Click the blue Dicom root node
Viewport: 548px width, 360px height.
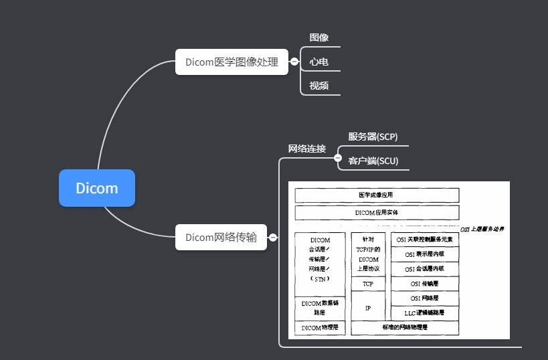[x=97, y=188]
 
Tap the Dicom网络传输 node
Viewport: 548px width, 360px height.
[x=221, y=237]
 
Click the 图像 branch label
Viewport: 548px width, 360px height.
[x=319, y=38]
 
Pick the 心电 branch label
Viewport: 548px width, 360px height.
[x=319, y=62]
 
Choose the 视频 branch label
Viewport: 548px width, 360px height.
[x=319, y=86]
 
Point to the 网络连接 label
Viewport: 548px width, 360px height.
[x=306, y=149]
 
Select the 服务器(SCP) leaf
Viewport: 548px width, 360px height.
[x=373, y=137]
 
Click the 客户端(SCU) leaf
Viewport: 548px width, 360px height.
[x=373, y=161]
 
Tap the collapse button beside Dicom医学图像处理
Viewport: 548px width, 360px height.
[x=294, y=62]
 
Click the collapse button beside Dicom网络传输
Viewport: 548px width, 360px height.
[x=273, y=237]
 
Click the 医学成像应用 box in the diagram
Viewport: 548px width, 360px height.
[x=377, y=195]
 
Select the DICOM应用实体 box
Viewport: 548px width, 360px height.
[x=377, y=213]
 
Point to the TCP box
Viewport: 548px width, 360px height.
[x=368, y=284]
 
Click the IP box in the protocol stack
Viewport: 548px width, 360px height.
[x=368, y=308]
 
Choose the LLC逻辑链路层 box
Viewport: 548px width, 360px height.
[x=424, y=312]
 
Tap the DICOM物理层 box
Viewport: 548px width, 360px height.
[x=320, y=328]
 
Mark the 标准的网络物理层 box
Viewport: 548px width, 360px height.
[x=405, y=328]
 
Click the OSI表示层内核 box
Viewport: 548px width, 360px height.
[x=424, y=254]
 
